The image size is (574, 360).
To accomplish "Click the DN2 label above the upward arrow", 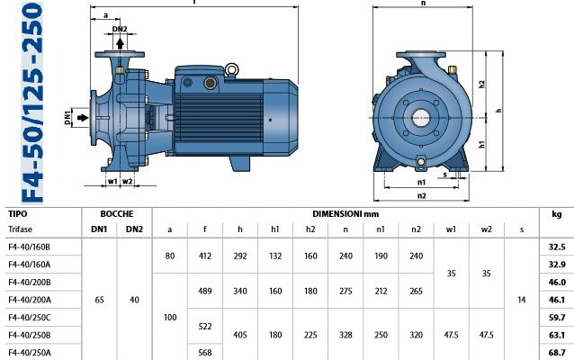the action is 120,29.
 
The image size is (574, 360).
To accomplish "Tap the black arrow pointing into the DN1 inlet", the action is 83,118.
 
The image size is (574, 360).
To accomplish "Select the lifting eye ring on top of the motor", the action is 231,69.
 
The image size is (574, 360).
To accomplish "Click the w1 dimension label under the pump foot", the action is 112,181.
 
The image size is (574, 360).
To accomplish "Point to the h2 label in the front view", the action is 481,85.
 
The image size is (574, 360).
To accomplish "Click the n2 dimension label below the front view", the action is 422,195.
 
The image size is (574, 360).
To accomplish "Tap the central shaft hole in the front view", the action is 421,118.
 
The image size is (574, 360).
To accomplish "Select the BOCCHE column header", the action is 117,214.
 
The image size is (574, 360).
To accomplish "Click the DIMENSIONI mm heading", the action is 345,214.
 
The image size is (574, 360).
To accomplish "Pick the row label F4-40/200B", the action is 30,283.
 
